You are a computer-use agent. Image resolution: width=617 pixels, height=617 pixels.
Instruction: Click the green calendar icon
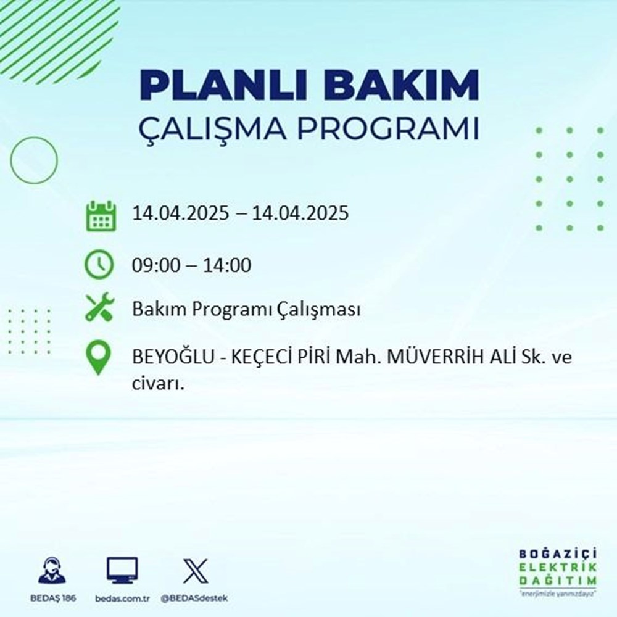coord(100,215)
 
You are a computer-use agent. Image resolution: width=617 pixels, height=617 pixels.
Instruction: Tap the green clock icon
coord(99,265)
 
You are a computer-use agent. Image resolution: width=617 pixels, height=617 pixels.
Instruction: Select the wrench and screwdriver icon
coord(99,308)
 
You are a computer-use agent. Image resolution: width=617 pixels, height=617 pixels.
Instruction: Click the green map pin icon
coord(99,358)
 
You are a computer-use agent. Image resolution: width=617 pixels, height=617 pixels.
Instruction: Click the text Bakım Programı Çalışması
coord(246,310)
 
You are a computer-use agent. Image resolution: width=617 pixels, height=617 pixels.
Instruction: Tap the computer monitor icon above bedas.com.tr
coord(122,571)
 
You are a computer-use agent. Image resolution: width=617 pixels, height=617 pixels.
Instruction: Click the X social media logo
coord(196,571)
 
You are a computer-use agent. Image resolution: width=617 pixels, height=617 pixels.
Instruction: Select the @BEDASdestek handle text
coord(196,599)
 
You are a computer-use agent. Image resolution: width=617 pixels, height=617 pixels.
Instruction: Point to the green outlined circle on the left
coord(34,160)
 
